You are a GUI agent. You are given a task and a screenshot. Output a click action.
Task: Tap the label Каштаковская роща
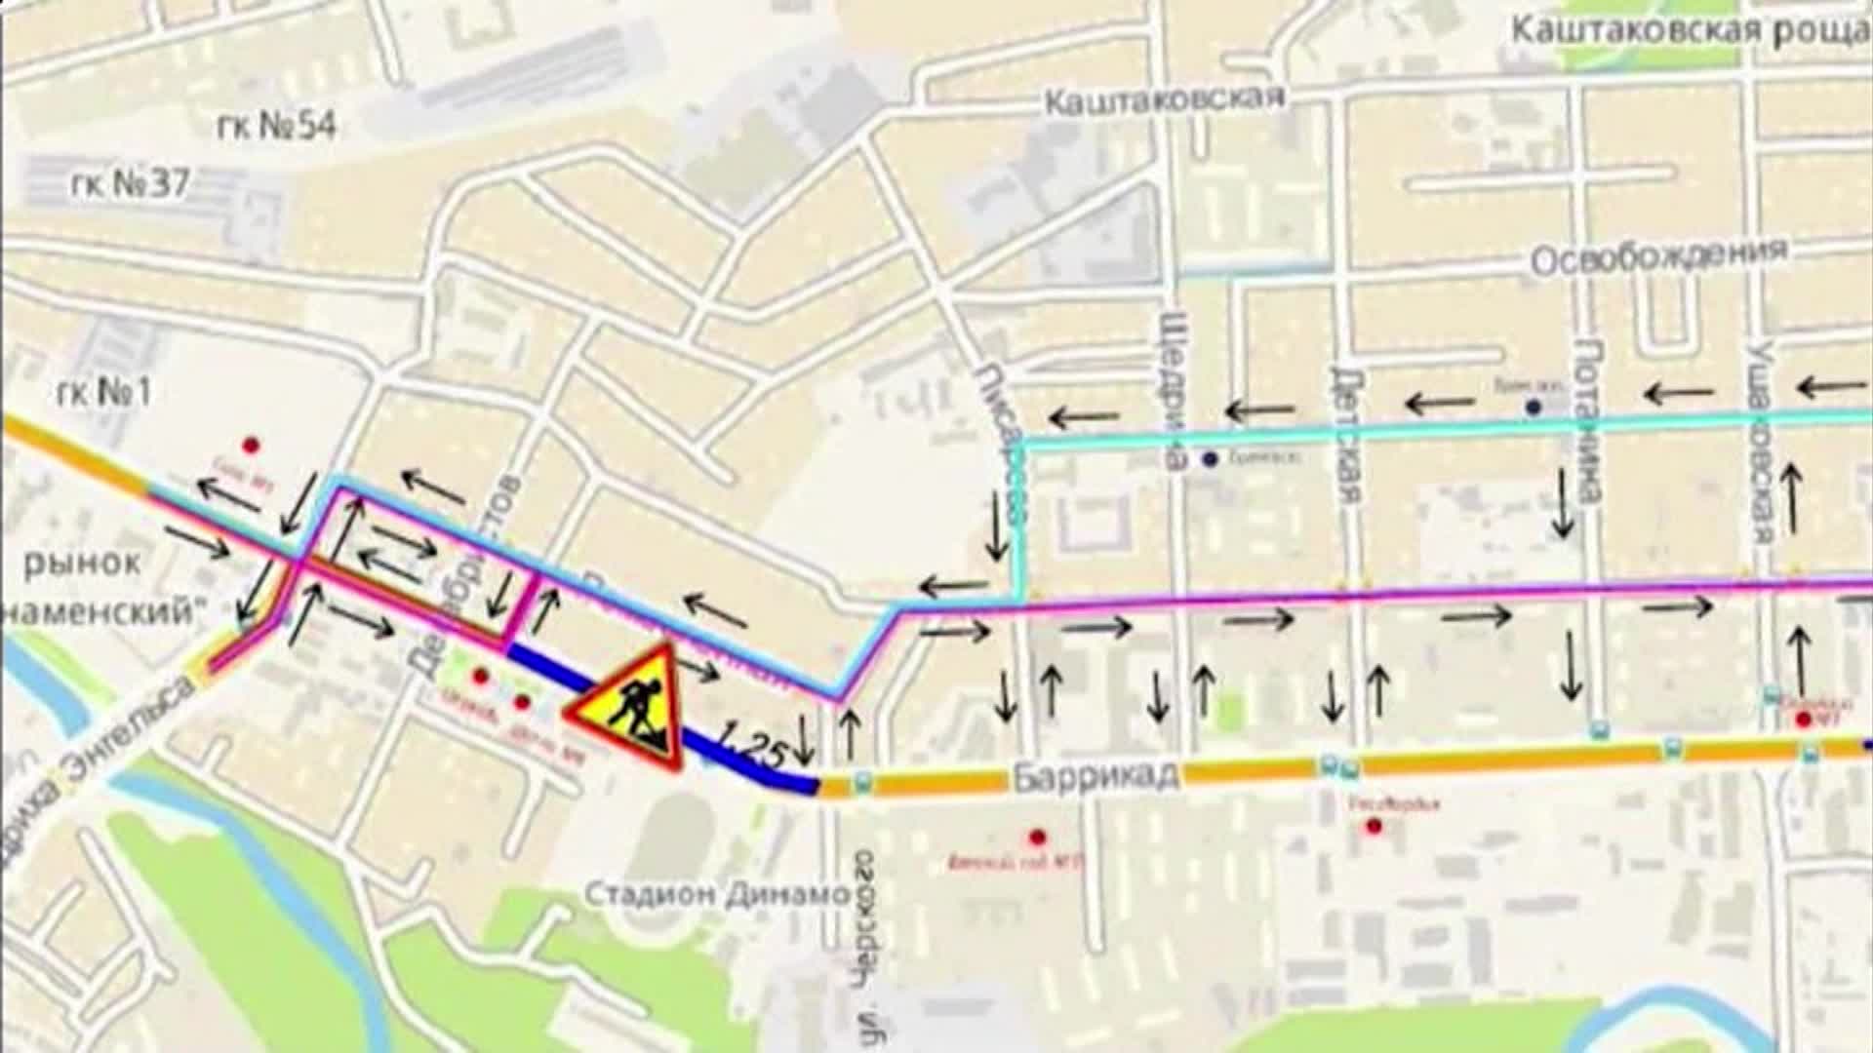[1690, 29]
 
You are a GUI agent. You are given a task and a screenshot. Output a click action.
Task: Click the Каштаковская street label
[1164, 99]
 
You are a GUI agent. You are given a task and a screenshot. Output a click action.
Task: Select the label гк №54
[275, 126]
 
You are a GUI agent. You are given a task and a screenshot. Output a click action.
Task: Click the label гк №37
[130, 183]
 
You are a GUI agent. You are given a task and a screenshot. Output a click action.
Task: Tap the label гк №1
[105, 393]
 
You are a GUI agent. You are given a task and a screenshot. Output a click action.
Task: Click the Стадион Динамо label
[717, 894]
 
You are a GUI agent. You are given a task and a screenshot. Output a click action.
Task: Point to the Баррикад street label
[1095, 777]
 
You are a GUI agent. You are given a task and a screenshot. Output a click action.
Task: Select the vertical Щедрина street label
[1175, 390]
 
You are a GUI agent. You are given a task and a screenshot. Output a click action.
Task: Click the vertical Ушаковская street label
[1759, 429]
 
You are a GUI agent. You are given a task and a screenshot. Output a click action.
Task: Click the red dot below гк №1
[252, 446]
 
